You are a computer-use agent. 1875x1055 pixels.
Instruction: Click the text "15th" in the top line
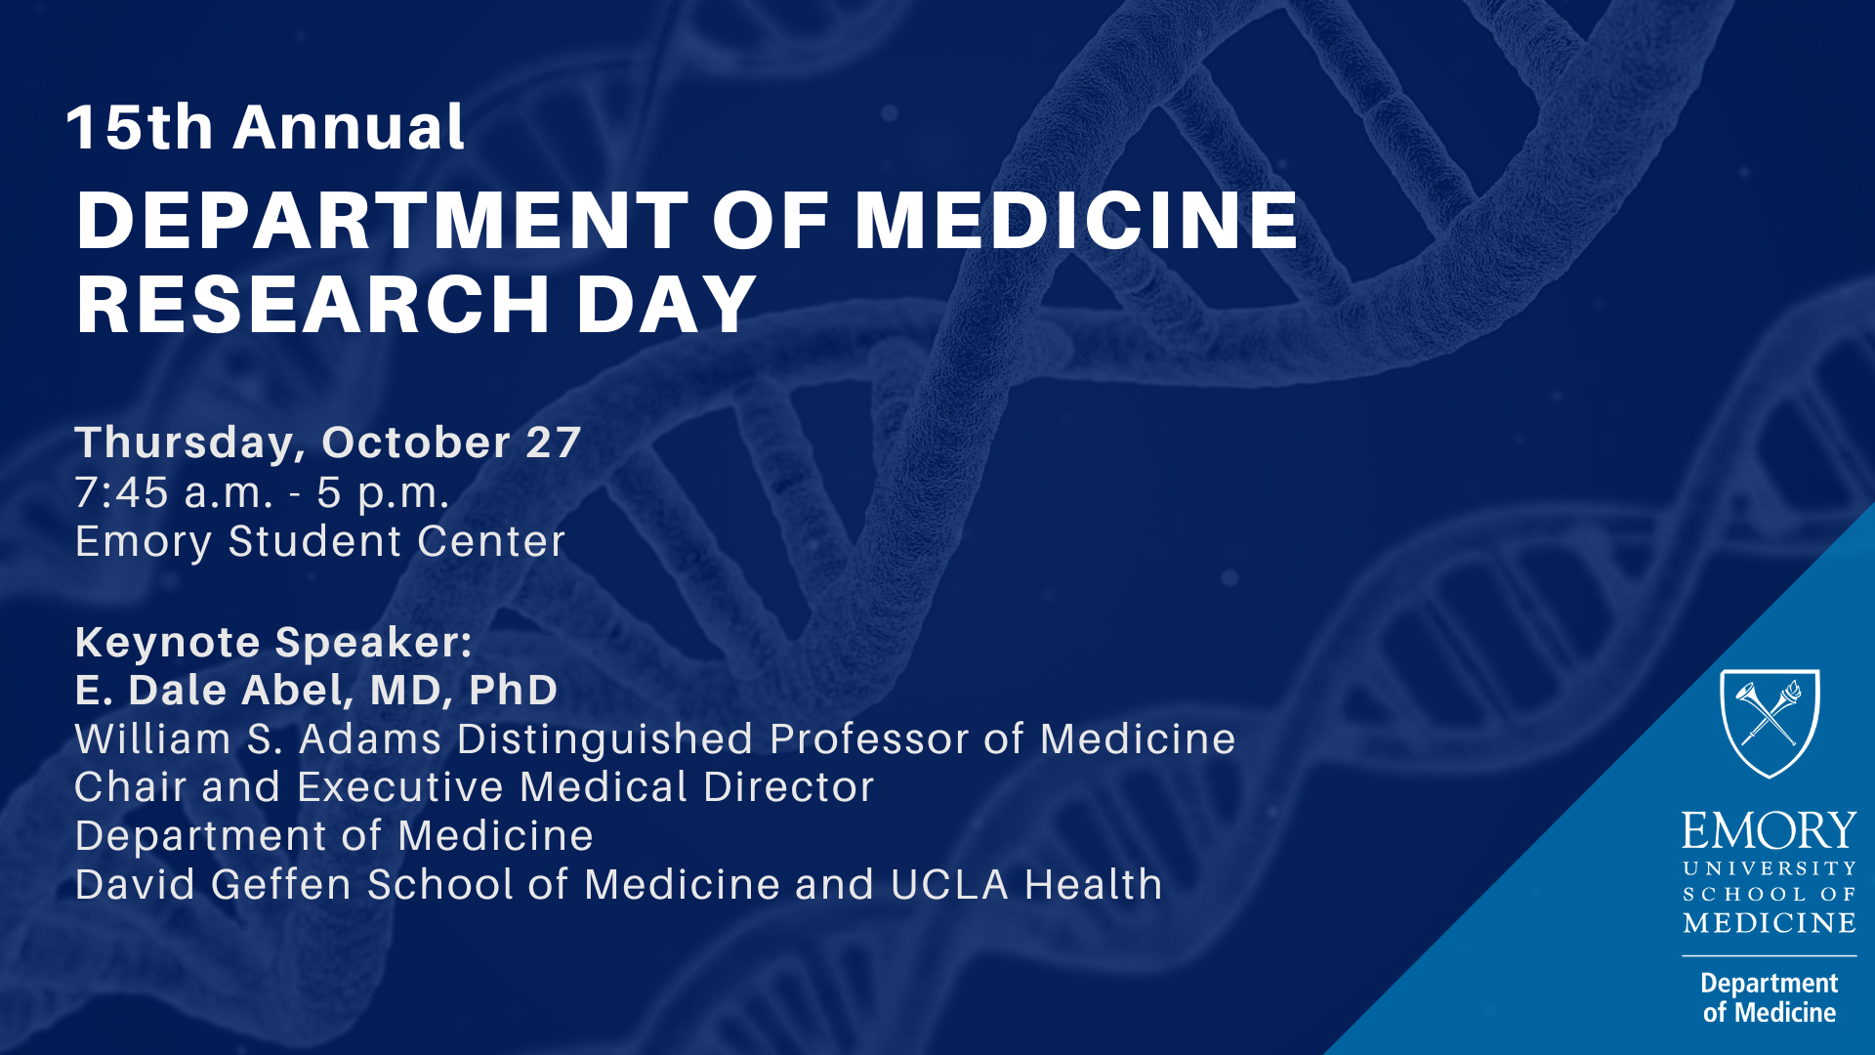point(140,127)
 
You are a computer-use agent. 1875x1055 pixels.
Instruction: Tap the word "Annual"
point(349,127)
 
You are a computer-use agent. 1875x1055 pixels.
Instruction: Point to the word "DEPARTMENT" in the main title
point(383,220)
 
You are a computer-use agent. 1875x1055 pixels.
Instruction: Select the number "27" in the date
point(554,443)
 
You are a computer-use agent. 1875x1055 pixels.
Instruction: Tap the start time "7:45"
point(122,492)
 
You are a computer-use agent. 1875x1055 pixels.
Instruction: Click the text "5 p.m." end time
point(383,494)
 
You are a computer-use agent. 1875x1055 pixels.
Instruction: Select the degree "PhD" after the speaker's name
point(513,690)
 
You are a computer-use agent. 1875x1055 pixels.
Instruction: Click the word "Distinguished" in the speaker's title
point(604,740)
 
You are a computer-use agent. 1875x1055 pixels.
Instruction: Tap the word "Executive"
point(407,787)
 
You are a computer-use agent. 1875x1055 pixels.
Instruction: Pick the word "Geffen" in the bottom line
point(281,885)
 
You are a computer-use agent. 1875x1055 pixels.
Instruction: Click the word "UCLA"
point(949,886)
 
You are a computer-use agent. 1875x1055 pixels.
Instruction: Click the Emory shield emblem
point(1770,723)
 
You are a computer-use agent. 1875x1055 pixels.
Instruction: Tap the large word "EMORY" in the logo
point(1769,831)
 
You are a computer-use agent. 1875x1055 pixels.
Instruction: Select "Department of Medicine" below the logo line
point(1770,997)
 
